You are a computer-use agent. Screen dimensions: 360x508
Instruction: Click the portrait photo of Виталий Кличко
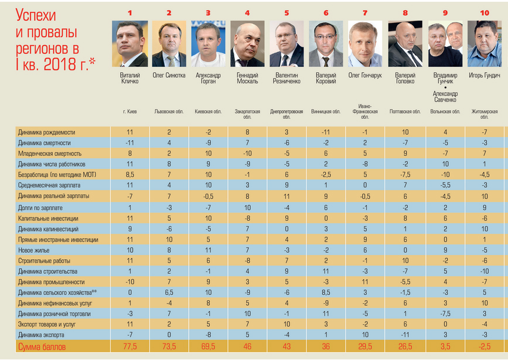click(x=129, y=44)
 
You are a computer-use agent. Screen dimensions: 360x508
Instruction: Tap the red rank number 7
click(x=365, y=12)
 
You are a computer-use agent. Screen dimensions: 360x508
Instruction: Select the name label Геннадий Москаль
click(x=247, y=78)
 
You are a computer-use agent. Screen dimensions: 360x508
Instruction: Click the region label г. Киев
click(x=129, y=111)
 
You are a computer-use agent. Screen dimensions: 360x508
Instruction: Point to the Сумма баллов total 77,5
click(x=129, y=347)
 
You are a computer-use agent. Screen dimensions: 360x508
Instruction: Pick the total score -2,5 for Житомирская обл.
click(x=484, y=347)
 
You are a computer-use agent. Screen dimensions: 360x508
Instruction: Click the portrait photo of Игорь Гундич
click(x=485, y=44)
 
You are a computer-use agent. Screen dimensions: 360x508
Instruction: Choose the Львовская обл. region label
click(x=169, y=111)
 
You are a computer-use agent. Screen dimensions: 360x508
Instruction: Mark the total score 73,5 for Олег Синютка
click(x=169, y=347)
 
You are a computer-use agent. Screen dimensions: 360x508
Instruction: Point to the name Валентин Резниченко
click(x=287, y=78)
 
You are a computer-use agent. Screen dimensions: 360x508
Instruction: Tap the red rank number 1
click(x=129, y=12)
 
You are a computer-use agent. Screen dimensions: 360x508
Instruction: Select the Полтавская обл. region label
click(x=405, y=111)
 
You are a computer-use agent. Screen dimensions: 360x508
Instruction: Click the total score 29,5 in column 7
click(x=365, y=347)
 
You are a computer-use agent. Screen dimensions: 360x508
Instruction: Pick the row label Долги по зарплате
click(x=40, y=208)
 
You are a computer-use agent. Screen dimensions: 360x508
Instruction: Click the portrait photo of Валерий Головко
click(x=405, y=44)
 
